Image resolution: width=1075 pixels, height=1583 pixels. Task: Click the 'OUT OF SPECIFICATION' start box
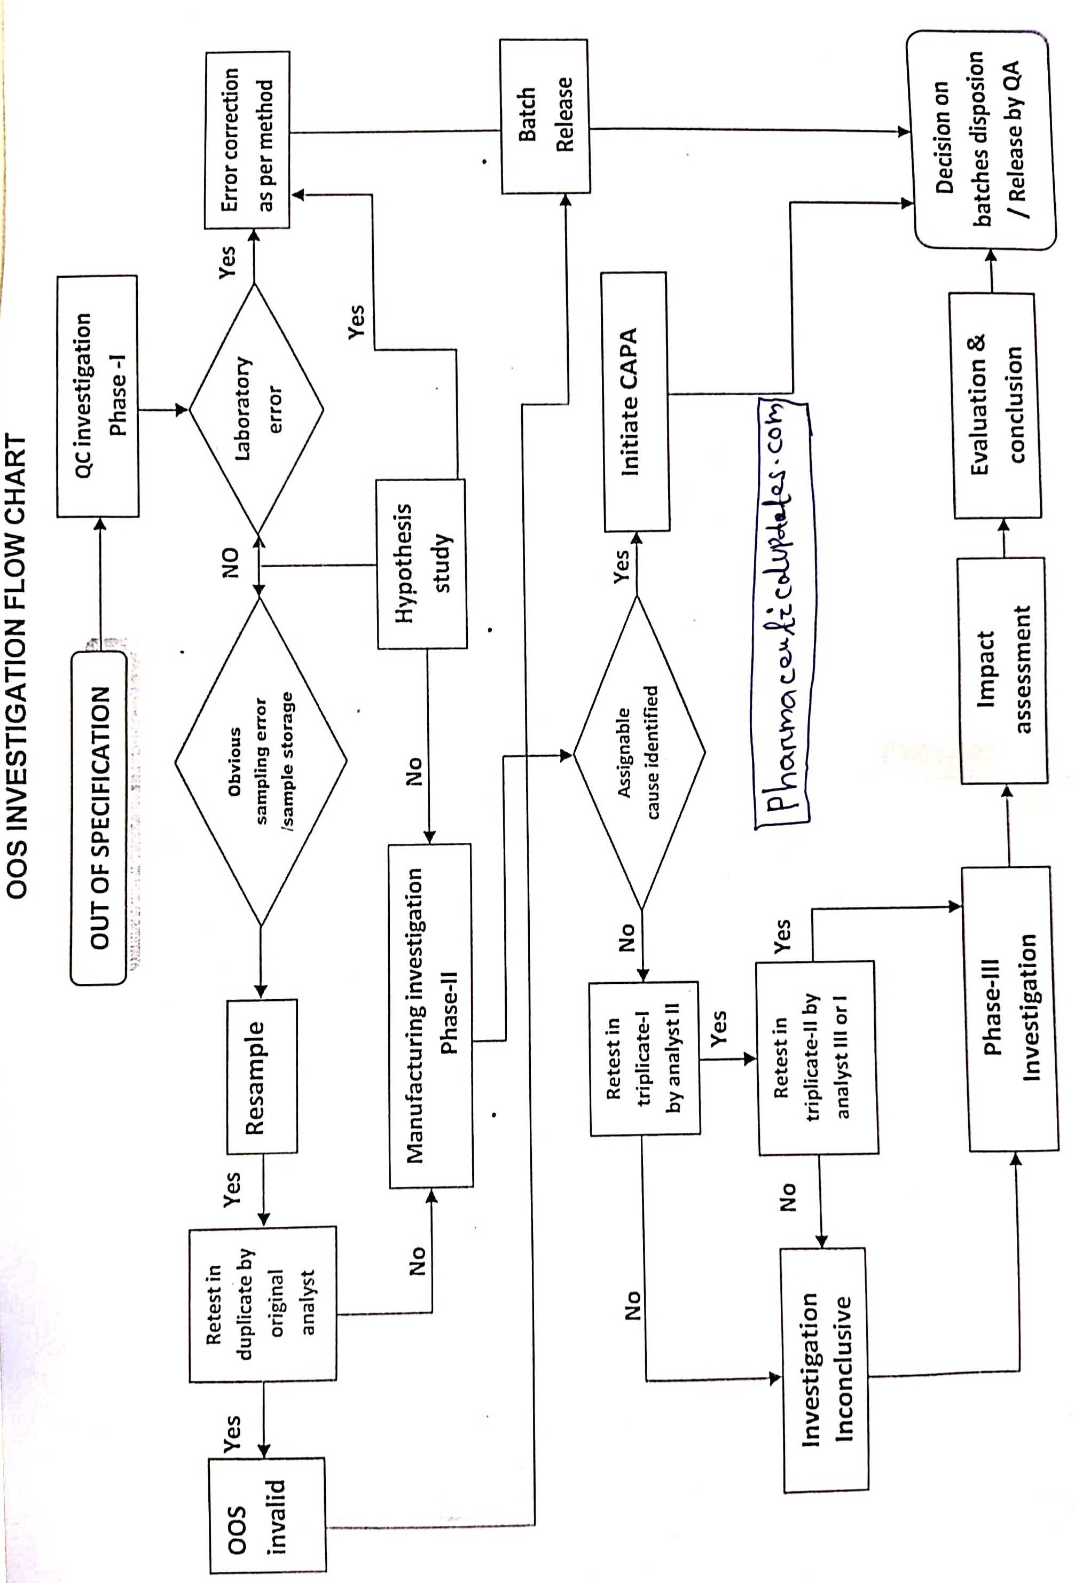[99, 817]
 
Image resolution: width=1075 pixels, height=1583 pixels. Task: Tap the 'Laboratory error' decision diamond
[256, 409]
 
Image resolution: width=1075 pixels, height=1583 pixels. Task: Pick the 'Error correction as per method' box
[247, 139]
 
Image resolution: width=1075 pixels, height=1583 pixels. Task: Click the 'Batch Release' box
[545, 116]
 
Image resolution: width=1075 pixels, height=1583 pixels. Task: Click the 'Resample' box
[262, 1076]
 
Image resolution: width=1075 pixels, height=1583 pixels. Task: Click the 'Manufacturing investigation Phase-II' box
[430, 1015]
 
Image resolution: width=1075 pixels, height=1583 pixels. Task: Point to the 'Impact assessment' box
[1003, 671]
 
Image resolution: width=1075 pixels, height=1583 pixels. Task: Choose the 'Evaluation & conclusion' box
[996, 406]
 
